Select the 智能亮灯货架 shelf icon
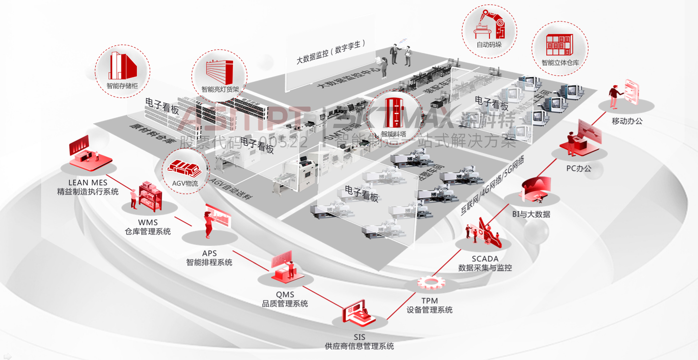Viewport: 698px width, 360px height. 219,73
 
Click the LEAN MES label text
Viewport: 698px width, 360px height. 88,183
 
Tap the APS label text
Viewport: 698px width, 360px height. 209,253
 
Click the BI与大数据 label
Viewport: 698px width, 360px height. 531,214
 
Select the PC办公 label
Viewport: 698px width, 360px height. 578,168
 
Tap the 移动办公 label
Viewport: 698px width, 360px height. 627,121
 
